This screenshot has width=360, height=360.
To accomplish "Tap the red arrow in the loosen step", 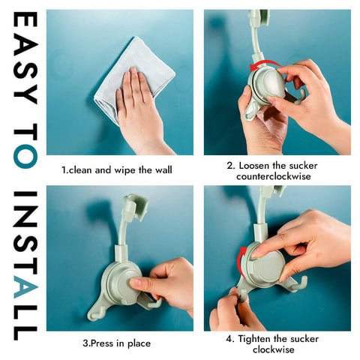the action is click(x=264, y=64).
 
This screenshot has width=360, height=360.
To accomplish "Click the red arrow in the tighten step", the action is click(x=241, y=260).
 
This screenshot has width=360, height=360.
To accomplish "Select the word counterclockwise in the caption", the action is click(x=274, y=176).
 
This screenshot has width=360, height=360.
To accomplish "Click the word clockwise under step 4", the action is click(x=273, y=349).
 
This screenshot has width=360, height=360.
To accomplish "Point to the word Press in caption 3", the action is click(x=102, y=343).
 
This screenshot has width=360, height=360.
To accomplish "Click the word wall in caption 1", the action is click(x=163, y=170).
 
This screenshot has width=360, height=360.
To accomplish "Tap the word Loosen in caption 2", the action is click(x=253, y=166).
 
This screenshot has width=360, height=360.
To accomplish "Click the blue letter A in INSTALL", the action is click(x=25, y=286).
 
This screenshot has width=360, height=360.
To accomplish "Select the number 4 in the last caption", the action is click(x=229, y=339).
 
